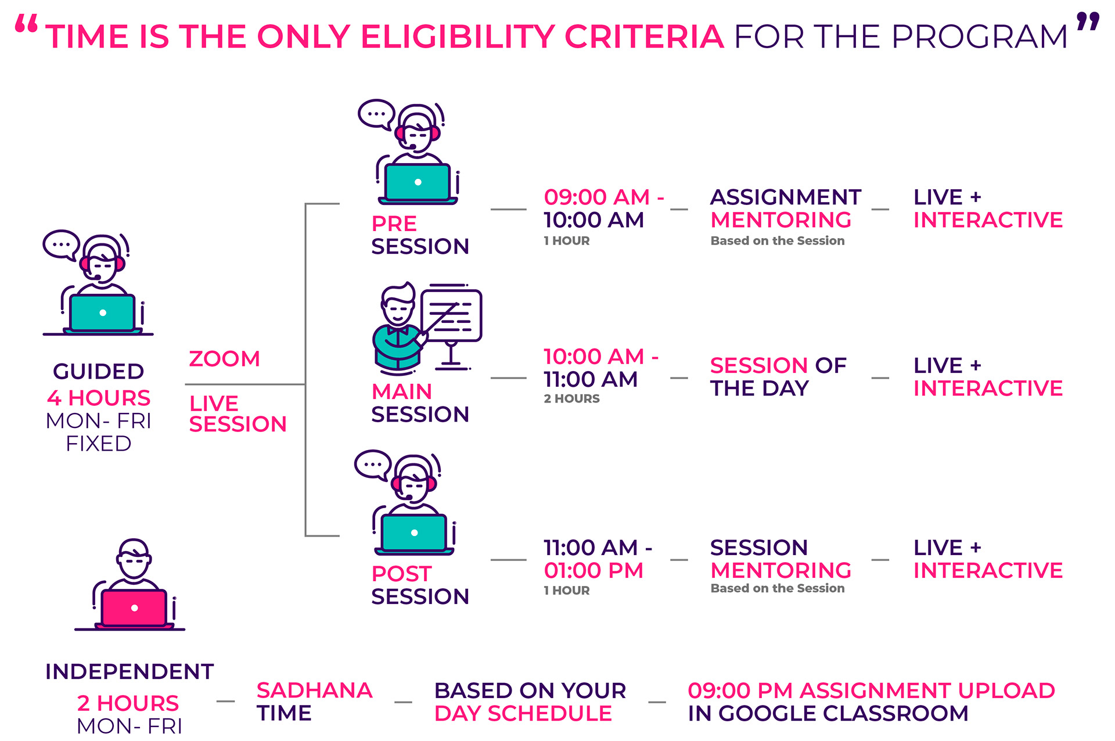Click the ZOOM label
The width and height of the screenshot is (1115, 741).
coord(224,359)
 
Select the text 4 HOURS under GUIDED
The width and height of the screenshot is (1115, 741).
coord(99,398)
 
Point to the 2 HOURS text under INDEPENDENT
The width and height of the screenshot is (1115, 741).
coord(128,703)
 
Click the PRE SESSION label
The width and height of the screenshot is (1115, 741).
coord(420,235)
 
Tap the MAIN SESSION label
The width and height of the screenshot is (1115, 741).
coord(420,402)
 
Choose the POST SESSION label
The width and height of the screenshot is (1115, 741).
coord(420,585)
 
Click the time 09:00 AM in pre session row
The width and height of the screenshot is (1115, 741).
coord(596,197)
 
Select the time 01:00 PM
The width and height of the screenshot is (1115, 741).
coord(594,570)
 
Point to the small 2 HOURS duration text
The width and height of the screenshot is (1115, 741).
coord(571,399)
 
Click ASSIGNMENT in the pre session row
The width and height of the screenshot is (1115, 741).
coord(786,197)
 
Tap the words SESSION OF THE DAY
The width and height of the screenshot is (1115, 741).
coord(778,377)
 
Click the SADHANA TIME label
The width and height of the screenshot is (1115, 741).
coord(314,702)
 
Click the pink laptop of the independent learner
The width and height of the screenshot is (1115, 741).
coord(134,608)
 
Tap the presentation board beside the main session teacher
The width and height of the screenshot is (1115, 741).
coord(451,316)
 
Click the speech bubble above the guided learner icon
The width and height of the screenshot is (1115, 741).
coord(61,244)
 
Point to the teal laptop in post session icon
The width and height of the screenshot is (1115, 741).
coord(414,533)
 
